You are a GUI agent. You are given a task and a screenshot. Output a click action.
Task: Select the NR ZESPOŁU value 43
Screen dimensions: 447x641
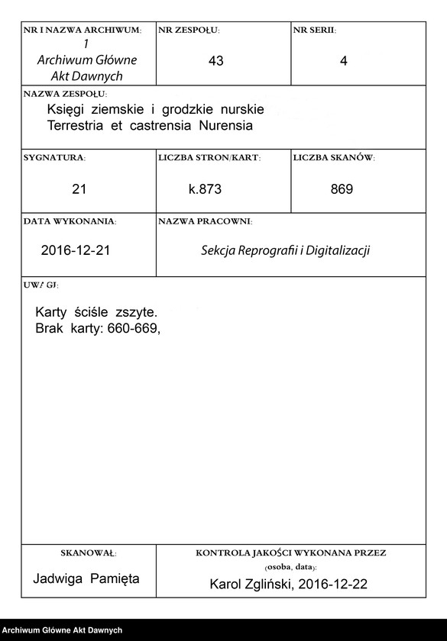(215, 62)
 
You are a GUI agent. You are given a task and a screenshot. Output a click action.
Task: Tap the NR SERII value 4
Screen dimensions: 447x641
(343, 62)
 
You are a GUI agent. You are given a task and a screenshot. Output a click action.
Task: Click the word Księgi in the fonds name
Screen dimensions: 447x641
(66, 110)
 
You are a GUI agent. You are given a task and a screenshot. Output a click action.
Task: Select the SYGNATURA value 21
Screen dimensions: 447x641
(79, 188)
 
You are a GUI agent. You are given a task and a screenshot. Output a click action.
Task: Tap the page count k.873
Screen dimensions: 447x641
(205, 188)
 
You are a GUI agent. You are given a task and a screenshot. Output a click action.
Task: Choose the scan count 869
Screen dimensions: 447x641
(342, 188)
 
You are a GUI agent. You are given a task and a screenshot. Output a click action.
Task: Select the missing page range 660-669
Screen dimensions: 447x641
(134, 329)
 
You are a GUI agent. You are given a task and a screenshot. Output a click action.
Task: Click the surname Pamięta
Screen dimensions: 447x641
(115, 578)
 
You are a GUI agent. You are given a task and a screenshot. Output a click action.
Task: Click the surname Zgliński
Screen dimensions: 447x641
(267, 585)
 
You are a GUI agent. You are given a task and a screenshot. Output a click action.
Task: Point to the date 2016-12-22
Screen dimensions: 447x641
(332, 585)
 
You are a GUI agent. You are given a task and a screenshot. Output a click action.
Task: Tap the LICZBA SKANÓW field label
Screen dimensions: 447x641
(334, 157)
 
